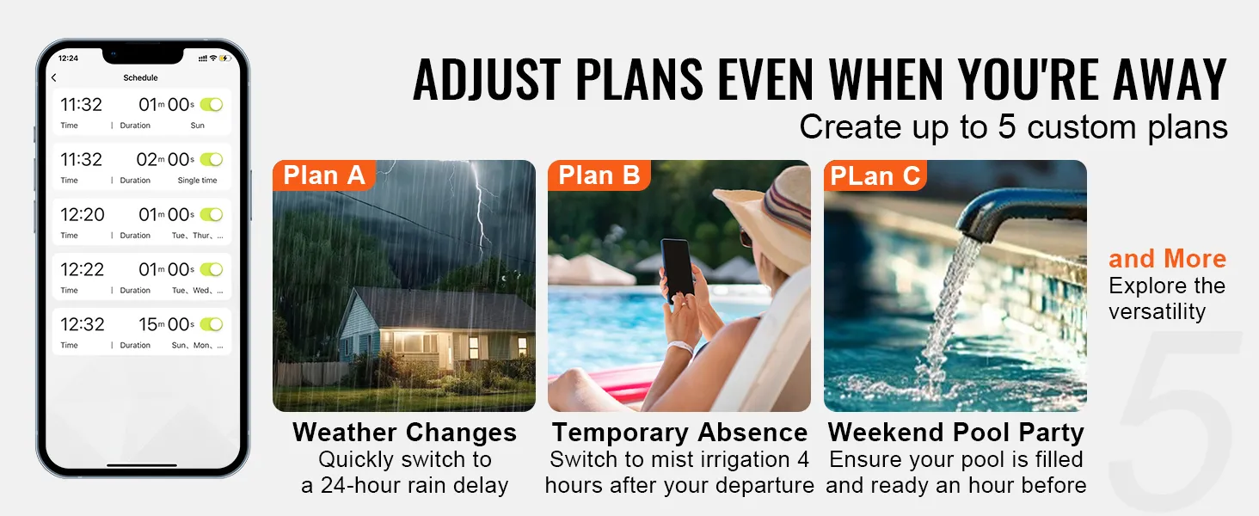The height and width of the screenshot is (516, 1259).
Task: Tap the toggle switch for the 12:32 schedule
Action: click(212, 324)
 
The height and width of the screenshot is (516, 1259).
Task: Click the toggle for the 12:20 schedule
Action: click(212, 214)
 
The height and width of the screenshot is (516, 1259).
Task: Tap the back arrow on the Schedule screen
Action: click(54, 78)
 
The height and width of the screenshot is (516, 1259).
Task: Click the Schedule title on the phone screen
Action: click(140, 78)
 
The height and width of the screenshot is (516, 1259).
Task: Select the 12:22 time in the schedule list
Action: click(82, 270)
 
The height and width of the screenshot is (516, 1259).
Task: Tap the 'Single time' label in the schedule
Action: click(197, 181)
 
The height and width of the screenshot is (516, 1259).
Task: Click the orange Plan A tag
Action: click(323, 175)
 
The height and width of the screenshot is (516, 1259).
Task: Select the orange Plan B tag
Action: click(599, 175)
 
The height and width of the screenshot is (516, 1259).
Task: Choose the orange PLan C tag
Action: click(875, 176)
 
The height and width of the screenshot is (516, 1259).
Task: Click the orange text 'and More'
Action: click(1167, 259)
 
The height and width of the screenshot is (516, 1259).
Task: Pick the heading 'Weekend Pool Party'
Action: click(955, 432)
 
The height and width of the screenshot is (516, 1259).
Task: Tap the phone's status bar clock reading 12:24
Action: click(68, 58)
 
